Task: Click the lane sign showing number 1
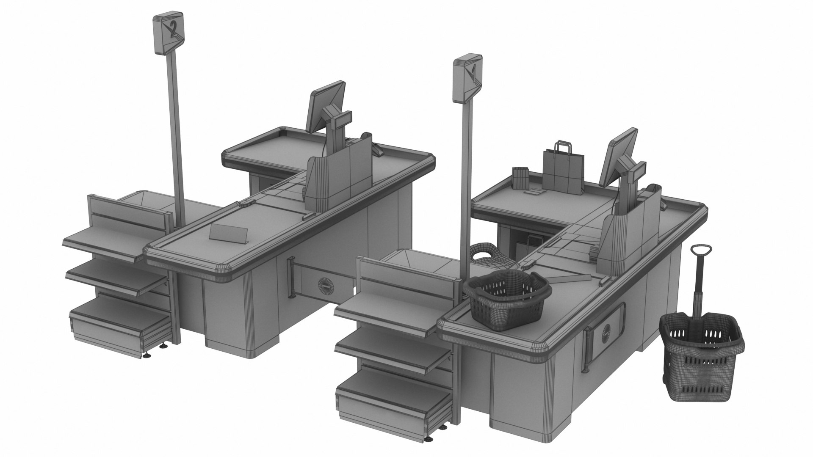(467, 78)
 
